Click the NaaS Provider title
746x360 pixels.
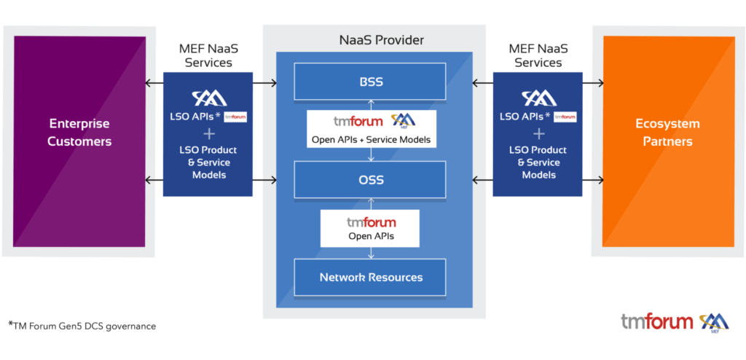pos(372,40)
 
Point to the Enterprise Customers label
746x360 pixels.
pos(80,132)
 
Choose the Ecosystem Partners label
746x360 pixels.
pos(671,132)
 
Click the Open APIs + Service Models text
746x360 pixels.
pos(371,138)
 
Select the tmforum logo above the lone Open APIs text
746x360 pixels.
pos(371,222)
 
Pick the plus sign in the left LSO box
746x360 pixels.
pos(208,133)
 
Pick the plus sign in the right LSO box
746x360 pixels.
pos(538,133)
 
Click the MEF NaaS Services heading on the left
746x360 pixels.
pos(208,55)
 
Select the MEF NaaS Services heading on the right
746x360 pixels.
pos(538,55)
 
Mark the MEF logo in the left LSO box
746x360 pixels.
pos(208,97)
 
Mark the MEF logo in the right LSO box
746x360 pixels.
pos(538,97)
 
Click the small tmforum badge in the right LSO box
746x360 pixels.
pos(565,117)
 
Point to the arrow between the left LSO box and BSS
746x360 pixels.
pos(265,82)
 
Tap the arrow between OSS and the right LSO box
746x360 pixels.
pos(482,180)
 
